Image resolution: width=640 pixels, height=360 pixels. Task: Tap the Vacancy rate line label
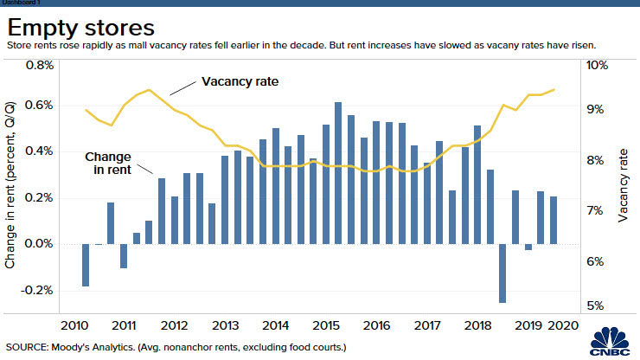click(x=242, y=82)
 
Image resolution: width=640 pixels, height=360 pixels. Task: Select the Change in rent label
click(x=107, y=164)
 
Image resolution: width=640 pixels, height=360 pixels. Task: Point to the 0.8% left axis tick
click(x=40, y=65)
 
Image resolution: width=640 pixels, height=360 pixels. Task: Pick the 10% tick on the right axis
click(x=598, y=65)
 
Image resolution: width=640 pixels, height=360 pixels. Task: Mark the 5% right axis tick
click(x=597, y=305)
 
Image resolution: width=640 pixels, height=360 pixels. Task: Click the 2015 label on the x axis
click(x=325, y=325)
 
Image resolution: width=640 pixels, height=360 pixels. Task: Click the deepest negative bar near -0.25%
click(x=502, y=273)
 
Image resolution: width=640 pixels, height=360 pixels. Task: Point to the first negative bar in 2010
click(x=86, y=265)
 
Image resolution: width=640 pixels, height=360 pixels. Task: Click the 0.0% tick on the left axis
click(x=40, y=244)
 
